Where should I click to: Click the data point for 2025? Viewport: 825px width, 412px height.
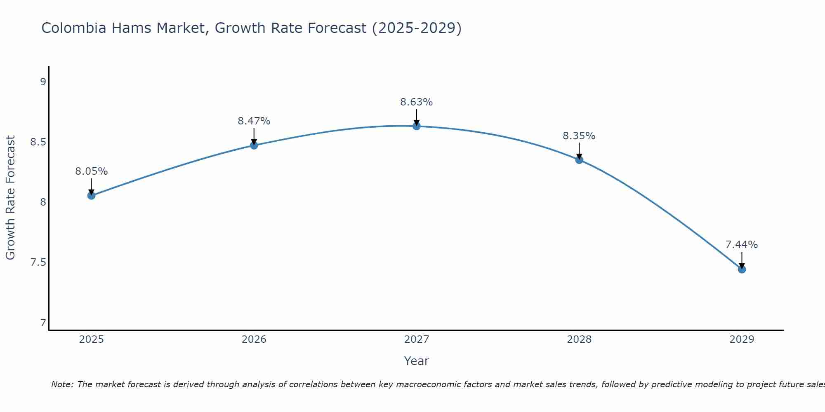click(91, 195)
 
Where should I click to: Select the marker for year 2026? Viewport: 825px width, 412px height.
click(254, 145)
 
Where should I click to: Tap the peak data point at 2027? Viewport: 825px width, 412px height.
click(416, 126)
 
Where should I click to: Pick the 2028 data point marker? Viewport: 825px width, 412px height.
click(579, 159)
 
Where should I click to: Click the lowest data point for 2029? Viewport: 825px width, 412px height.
click(742, 269)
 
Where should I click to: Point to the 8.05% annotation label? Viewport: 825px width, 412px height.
click(91, 171)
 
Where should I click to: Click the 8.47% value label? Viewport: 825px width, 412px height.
click(254, 121)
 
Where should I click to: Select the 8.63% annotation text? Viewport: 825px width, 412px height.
click(416, 102)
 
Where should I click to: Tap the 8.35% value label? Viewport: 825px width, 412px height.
click(579, 136)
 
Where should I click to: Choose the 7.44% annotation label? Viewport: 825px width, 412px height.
click(741, 245)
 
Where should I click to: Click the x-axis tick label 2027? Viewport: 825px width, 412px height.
click(416, 339)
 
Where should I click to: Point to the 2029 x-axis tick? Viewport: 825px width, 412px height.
click(742, 339)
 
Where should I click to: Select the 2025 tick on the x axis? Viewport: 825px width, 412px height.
click(91, 339)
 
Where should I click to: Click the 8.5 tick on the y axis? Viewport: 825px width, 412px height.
click(38, 142)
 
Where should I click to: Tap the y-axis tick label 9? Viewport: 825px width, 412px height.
click(43, 82)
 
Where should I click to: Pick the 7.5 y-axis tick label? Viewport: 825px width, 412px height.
click(38, 262)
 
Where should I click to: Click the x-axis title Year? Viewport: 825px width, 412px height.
click(416, 361)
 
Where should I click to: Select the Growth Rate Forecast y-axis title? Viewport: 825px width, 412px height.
click(10, 198)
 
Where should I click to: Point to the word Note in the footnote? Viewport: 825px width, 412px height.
click(61, 384)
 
